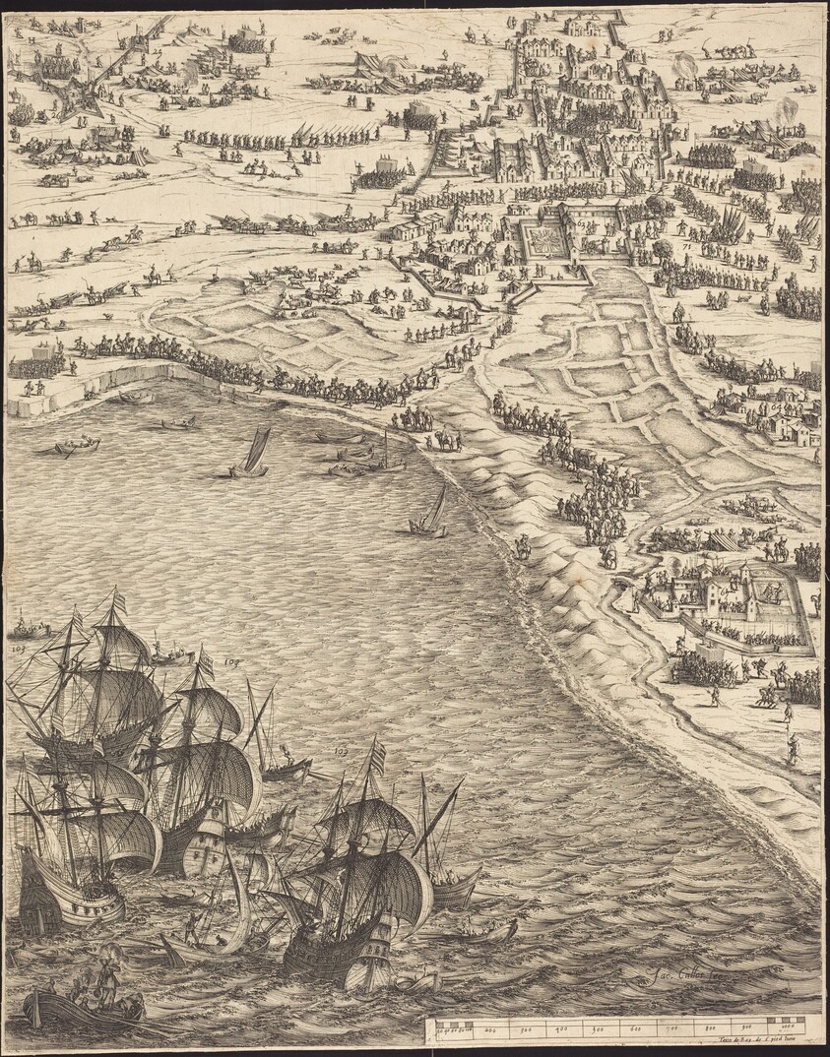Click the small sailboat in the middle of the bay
pos(251,455)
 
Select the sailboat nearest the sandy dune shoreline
pos(429,515)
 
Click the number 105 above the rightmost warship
pos(342,751)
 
